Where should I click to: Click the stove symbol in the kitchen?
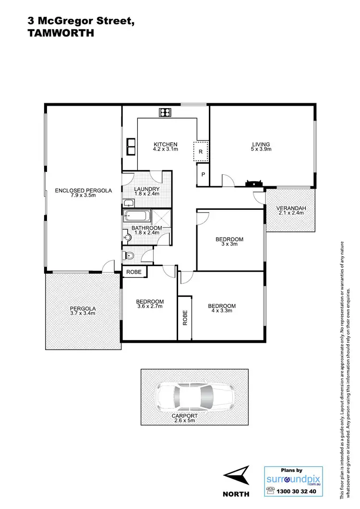coord(165,113)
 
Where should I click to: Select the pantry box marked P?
coord(203,175)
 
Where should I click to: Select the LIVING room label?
coord(261,144)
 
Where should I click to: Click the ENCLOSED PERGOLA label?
coord(83,191)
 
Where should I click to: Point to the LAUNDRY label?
coord(146,189)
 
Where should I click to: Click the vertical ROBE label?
coord(185,318)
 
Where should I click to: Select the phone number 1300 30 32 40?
coord(297,491)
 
